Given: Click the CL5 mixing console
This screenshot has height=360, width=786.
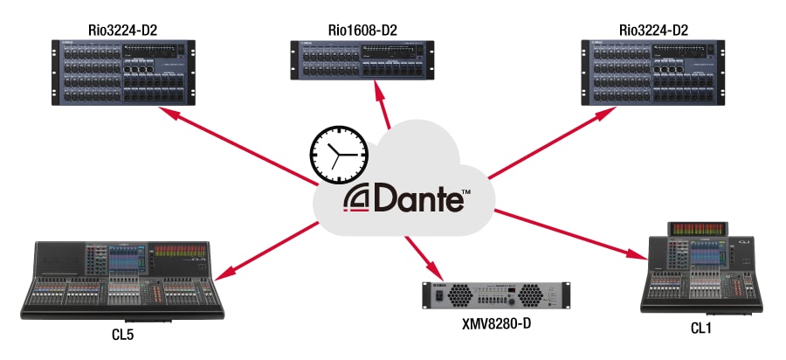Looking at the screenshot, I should (x=128, y=277).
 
